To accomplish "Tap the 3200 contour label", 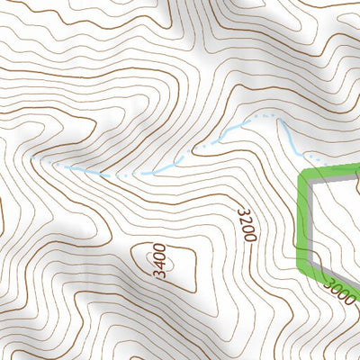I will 247,224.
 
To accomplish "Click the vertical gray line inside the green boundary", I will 310,220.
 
